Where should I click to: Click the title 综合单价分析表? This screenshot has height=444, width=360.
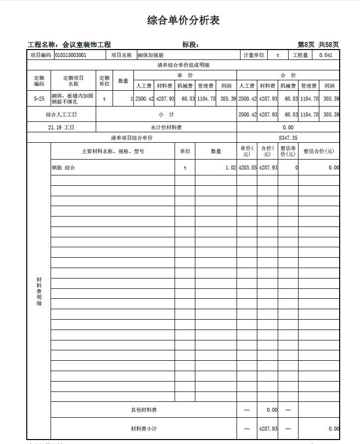coord(183,20)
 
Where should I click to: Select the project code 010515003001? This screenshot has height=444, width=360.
coord(70,55)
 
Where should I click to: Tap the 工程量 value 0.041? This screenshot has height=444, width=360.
coord(326,55)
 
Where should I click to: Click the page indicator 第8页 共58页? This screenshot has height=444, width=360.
coord(318,45)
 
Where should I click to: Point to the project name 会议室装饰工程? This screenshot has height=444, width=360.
coord(87,45)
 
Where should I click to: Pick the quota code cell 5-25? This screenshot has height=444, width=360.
coord(39,99)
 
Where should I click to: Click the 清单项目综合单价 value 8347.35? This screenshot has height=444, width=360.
coord(288,138)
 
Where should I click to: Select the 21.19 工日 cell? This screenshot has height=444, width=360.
coord(61,127)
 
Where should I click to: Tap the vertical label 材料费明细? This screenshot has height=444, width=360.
coord(39,291)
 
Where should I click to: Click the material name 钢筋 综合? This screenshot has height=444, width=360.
coord(63,167)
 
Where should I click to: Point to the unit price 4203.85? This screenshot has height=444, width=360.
coord(247,167)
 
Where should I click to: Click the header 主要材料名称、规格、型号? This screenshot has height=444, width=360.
coord(113,151)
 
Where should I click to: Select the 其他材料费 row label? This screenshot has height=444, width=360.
coord(144,410)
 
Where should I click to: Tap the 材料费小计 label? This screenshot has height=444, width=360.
coord(144,428)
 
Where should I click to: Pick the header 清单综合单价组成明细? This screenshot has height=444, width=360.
coord(183,65)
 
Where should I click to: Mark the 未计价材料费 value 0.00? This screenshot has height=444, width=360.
coord(288,127)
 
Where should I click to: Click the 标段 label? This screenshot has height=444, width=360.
coord(190,45)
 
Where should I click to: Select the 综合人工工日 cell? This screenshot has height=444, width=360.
coord(61,114)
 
